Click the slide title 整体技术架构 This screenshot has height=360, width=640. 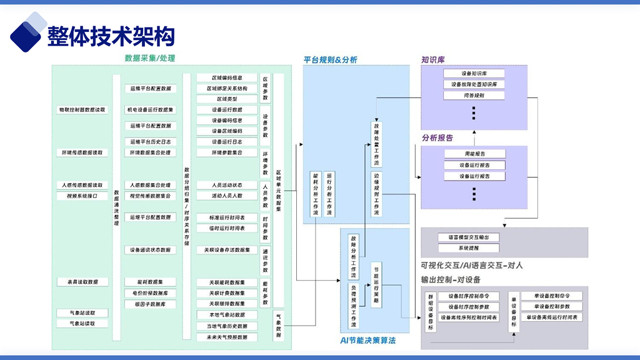click(x=111, y=36)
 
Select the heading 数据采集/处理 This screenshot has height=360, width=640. click(x=150, y=58)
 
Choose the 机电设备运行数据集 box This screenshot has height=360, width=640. click(x=150, y=109)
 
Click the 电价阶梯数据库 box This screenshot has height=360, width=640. click(x=150, y=293)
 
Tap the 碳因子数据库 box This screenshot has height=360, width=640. click(x=150, y=304)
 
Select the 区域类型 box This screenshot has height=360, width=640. click(x=227, y=99)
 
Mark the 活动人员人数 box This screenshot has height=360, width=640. click(x=227, y=196)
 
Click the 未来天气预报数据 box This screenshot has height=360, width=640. click(x=227, y=337)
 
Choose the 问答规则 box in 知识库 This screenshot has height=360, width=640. click(x=474, y=96)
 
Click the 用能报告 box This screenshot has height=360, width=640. click(x=474, y=154)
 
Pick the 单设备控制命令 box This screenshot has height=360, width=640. click(x=552, y=296)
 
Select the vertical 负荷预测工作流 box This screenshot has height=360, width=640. click(x=353, y=306)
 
